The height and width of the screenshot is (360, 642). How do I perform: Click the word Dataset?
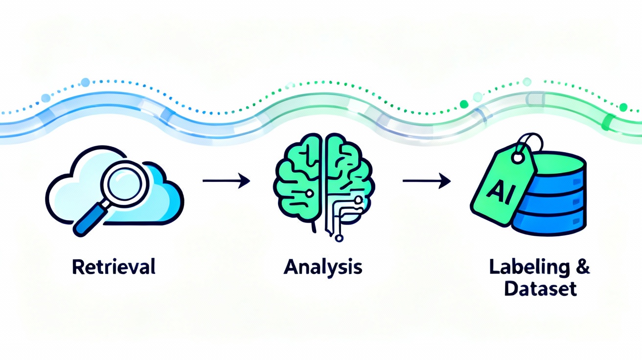click(x=541, y=289)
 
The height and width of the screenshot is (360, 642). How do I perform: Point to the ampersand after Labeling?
click(x=583, y=268)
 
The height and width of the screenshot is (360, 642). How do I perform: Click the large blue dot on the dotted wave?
click(x=85, y=82)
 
